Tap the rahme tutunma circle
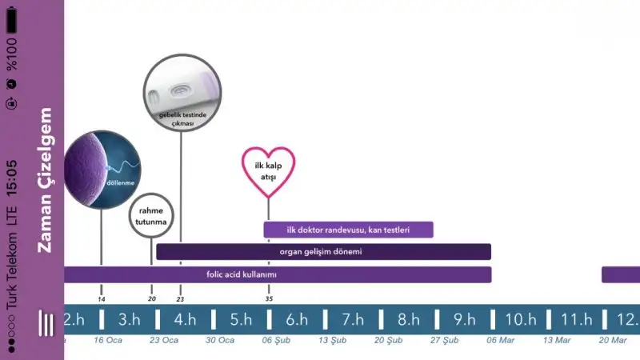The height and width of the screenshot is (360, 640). coord(151,215)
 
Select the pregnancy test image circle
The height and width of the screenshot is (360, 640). coord(180,91)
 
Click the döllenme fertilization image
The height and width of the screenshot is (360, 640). coord(102,169)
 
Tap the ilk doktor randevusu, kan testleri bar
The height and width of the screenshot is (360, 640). coord(348,230)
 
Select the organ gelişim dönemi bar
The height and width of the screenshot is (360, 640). coord(322,252)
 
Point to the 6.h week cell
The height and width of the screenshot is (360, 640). coord(297,320)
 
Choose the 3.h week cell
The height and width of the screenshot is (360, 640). coord(130,320)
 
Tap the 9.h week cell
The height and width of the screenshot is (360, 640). coord(464,320)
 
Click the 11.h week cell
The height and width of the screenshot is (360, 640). coord(576,320)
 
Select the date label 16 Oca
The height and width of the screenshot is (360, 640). coord(108,340)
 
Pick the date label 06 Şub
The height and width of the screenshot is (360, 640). coord(277,340)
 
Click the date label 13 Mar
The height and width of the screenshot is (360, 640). coord(557,340)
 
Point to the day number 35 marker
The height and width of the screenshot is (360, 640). coord(269,298)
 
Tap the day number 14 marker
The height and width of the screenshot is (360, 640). coord(102,298)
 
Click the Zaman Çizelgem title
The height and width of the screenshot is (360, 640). coord(46,180)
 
